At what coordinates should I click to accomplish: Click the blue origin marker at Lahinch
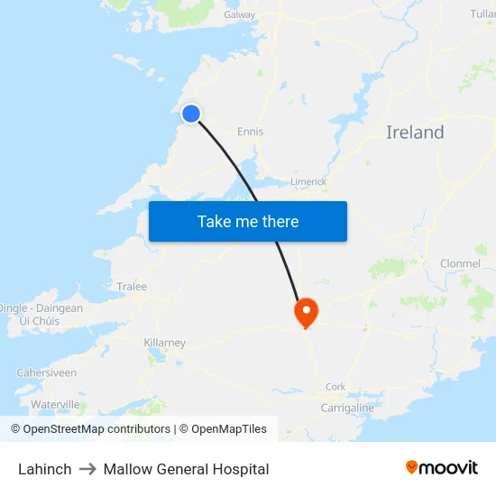[191, 113]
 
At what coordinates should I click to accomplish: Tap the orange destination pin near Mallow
[307, 312]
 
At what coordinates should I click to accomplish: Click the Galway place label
[240, 14]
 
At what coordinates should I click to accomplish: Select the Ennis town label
[250, 132]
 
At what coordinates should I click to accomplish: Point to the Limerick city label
[308, 181]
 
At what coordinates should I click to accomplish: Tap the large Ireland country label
[415, 133]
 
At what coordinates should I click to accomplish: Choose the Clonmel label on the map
[460, 263]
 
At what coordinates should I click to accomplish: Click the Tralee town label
[132, 287]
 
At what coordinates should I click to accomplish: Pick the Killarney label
[164, 343]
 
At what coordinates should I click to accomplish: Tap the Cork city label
[335, 387]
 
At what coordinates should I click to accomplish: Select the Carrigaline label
[347, 408]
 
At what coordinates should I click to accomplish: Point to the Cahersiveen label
[45, 372]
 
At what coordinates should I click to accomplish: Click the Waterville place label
[55, 404]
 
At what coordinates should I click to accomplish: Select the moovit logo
[442, 467]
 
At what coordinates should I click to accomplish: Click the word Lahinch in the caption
[45, 469]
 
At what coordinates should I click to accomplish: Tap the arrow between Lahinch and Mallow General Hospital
[87, 469]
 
